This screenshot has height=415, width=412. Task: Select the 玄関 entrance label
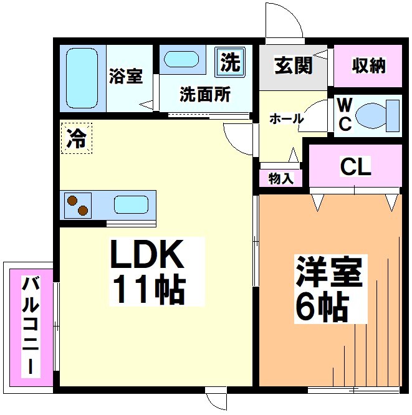pos(293,65)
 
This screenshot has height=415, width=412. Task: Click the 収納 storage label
pos(368,65)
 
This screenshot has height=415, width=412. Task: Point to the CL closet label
pos(355,166)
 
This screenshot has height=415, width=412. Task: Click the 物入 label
pos(280,179)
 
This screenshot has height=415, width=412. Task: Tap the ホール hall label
pos(286,118)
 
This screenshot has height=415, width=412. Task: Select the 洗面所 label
pos(205,95)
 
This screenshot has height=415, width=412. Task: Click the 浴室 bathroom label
pos(126,77)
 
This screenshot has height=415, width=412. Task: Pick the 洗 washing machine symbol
pos(231,62)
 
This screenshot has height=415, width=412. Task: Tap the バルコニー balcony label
pos(30,327)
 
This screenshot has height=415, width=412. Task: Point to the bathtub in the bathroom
pos(82,77)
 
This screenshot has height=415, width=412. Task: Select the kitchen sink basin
pos(131,205)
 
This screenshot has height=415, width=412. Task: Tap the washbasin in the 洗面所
pos(181,60)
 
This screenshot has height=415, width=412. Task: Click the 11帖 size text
pos(150,288)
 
